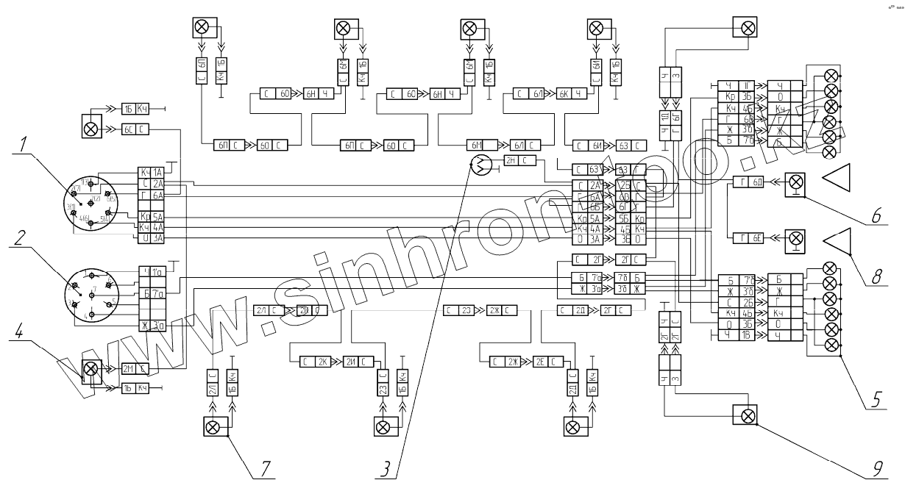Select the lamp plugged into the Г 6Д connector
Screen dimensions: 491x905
click(795, 182)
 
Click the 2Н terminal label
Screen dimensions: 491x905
click(511, 160)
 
